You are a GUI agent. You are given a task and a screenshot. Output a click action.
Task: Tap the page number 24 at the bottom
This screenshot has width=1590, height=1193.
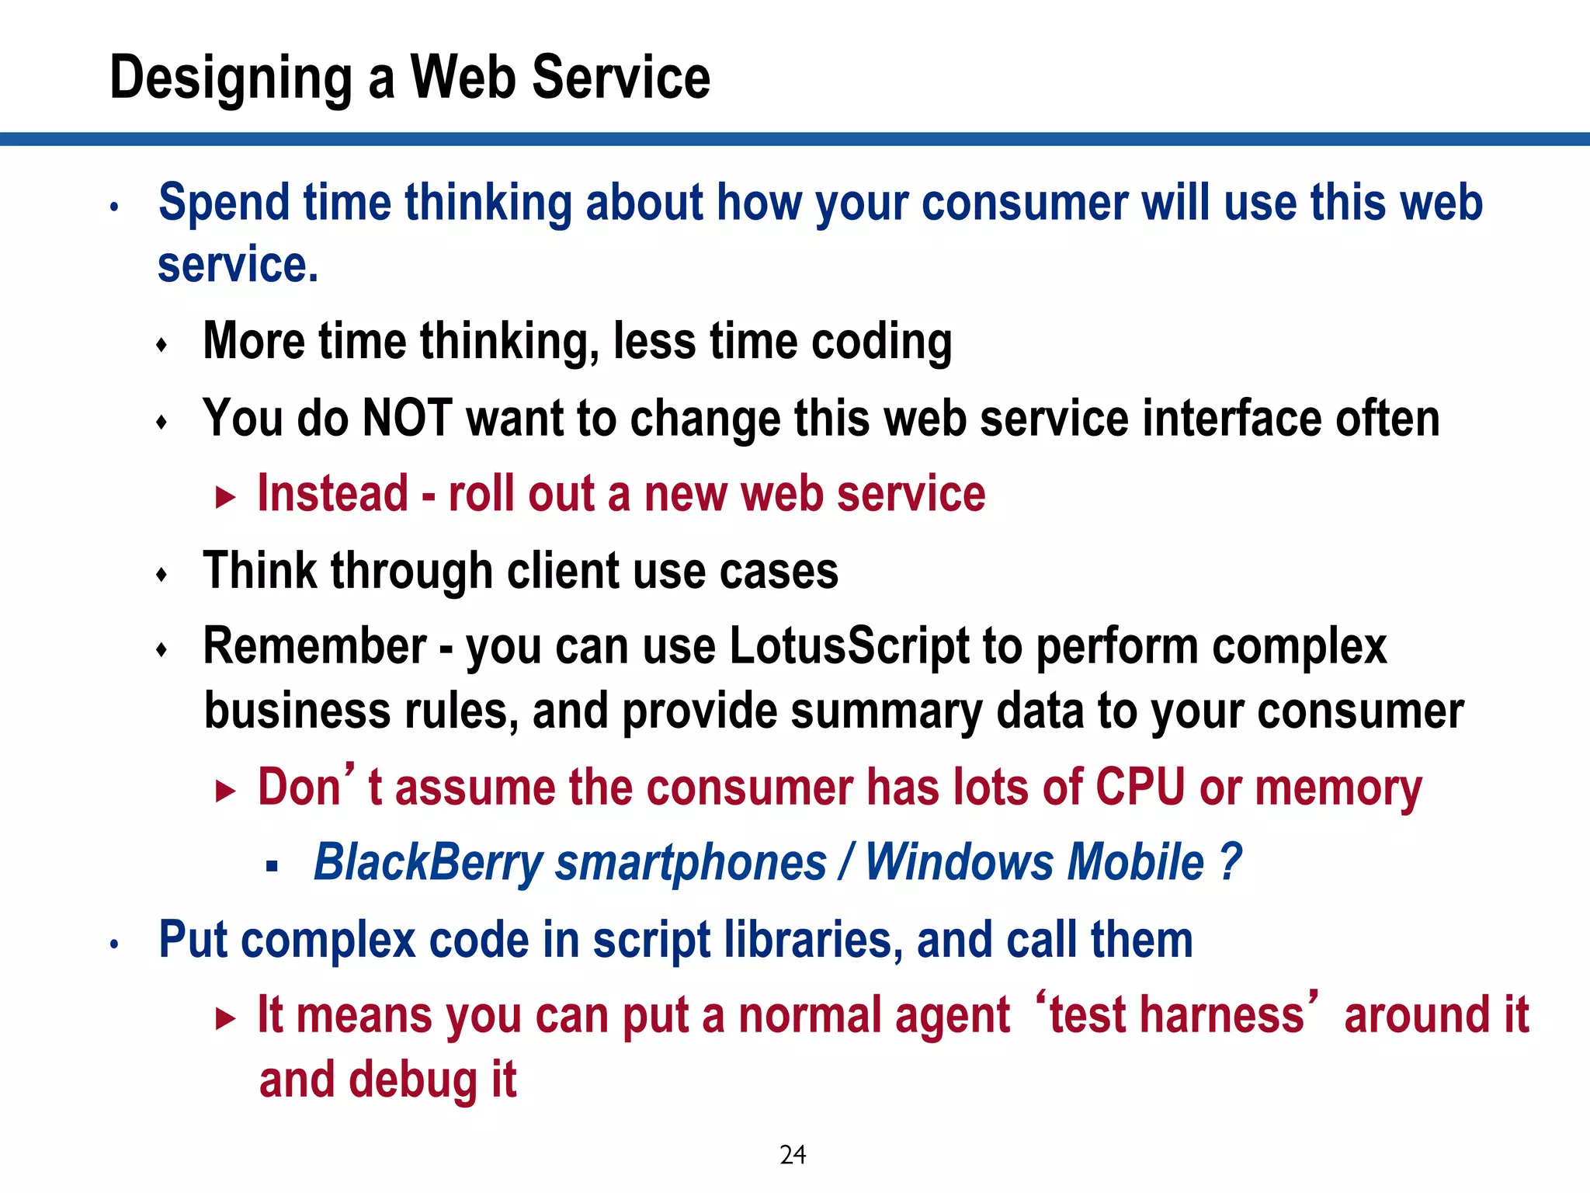pyautogui.click(x=793, y=1155)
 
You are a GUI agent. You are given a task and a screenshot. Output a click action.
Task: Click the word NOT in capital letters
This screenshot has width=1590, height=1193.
pyautogui.click(x=408, y=418)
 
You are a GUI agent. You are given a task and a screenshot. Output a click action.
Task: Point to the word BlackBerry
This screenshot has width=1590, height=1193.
pyautogui.click(x=428, y=863)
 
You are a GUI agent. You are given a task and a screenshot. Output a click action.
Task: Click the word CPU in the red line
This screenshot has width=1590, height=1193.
pyautogui.click(x=1140, y=787)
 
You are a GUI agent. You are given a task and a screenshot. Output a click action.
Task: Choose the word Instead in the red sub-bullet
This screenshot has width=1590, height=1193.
pyautogui.click(x=332, y=494)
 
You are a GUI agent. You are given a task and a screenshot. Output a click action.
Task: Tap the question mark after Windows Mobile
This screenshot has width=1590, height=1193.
pyautogui.click(x=1230, y=863)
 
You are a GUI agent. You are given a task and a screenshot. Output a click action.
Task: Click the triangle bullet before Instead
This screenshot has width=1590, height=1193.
pyautogui.click(x=225, y=498)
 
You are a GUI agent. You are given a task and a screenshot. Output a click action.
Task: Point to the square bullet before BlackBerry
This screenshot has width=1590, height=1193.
pyautogui.click(x=271, y=866)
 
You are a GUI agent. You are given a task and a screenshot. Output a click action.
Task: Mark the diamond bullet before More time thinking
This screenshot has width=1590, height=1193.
pyautogui.click(x=161, y=345)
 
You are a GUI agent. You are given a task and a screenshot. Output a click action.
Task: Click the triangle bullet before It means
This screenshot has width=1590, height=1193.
pyautogui.click(x=225, y=1018)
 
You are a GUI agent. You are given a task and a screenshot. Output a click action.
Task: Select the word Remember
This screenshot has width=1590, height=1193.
pyautogui.click(x=314, y=646)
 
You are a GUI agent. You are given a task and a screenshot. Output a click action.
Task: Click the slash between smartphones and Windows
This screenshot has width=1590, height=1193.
pyautogui.click(x=846, y=863)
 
